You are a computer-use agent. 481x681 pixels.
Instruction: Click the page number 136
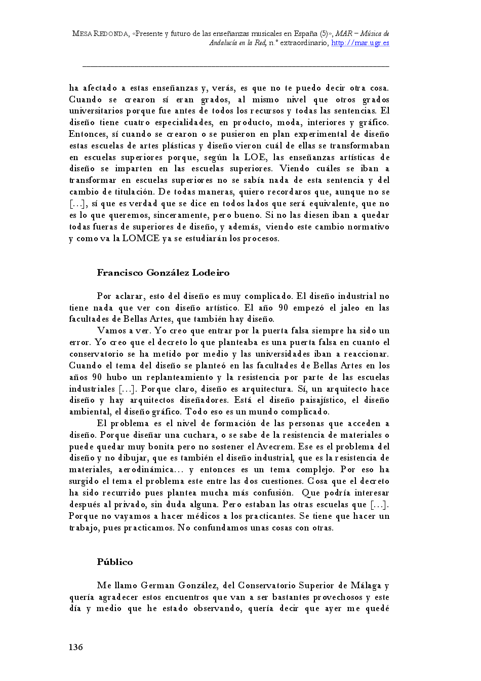click(x=75, y=647)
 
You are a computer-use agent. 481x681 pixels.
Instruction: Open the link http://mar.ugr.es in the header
click(x=360, y=43)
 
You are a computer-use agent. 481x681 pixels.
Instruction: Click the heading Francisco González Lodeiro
click(x=163, y=273)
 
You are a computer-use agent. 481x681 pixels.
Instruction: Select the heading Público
click(x=115, y=562)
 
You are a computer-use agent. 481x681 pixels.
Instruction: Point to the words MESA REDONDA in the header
click(x=100, y=33)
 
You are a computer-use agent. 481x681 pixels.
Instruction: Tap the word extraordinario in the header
click(x=304, y=43)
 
